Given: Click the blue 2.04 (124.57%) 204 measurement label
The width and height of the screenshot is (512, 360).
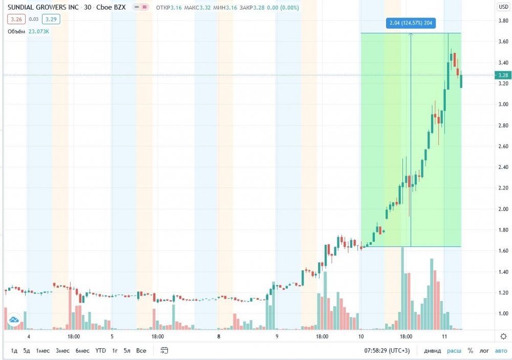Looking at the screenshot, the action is coord(411,23).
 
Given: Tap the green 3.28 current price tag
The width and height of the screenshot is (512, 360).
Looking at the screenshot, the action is coord(503,75).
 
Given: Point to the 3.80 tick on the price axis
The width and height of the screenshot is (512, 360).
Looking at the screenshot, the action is coord(503,20).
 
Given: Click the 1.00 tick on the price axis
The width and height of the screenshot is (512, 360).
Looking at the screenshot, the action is coord(503,313).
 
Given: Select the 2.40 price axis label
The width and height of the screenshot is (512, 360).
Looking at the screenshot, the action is coord(503,167).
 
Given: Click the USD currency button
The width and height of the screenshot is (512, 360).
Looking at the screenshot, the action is coord(503,7).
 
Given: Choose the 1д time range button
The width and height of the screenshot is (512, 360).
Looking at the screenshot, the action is coord(14,350).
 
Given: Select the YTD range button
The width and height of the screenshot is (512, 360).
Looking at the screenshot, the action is coord(100,350).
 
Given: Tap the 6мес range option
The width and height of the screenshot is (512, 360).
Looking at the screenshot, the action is coord(82,350).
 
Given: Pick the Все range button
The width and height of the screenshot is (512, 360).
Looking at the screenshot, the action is coord(141,350).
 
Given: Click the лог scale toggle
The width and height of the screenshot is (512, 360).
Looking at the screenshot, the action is coord(484,350).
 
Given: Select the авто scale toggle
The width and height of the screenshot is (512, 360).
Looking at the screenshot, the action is coord(501,350).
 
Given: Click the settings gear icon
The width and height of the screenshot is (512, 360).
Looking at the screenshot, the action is coord(503,336).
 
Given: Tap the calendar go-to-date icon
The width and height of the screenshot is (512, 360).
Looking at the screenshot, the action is coord(164,350).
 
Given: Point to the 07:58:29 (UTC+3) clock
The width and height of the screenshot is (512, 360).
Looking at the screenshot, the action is coord(387,350).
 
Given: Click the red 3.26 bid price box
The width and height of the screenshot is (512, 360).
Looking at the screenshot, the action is coord(16,19).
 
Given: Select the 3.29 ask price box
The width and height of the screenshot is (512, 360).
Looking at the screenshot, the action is coord(51,19).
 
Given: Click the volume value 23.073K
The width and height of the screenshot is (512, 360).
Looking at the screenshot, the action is coord(38,31).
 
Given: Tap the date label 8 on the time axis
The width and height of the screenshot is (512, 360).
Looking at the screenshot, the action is coord(219,336).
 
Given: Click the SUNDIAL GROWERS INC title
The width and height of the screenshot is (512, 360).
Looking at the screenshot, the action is coord(43,7).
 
